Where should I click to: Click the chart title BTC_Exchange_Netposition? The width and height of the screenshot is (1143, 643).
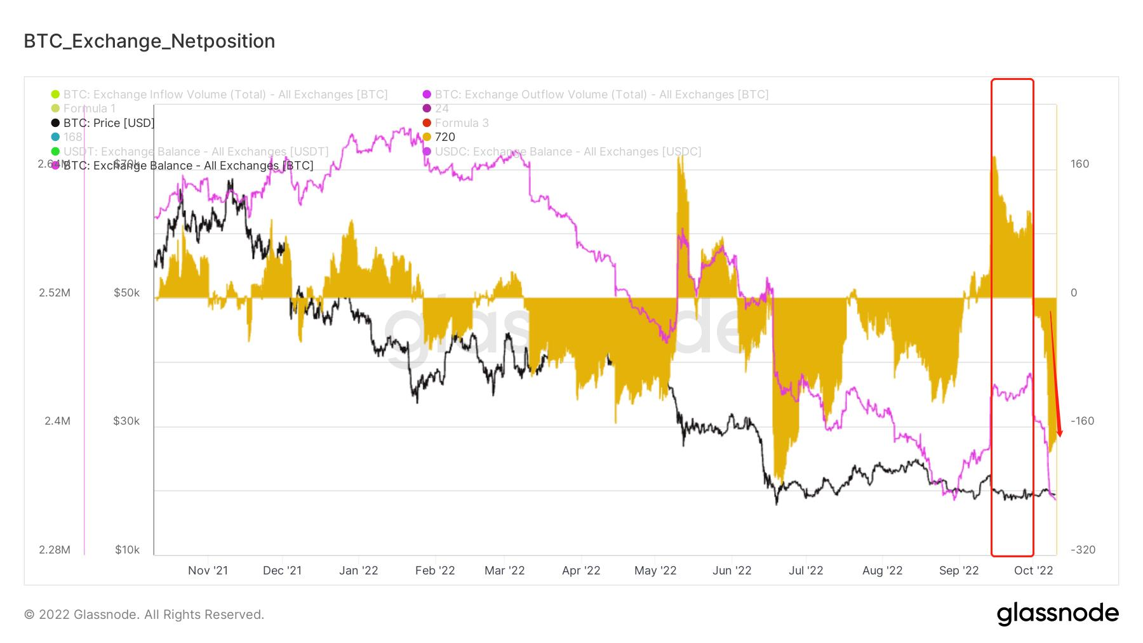(x=149, y=41)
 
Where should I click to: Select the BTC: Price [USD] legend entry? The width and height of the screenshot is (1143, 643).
(x=109, y=123)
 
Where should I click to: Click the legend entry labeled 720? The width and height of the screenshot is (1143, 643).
(x=444, y=137)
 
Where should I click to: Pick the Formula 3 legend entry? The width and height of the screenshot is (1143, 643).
(x=462, y=123)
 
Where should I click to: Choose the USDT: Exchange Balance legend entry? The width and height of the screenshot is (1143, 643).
(x=196, y=152)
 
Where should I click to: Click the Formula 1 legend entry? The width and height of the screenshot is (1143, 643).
(x=90, y=109)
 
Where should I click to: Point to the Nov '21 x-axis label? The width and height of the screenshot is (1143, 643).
(x=208, y=571)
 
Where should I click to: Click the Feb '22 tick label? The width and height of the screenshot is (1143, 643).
(x=435, y=571)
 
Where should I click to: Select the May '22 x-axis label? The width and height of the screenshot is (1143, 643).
(x=655, y=571)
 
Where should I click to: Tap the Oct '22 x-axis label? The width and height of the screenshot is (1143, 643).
(x=1034, y=571)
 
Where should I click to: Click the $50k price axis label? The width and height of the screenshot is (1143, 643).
(x=126, y=293)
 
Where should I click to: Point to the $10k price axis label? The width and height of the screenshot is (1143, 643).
(x=127, y=550)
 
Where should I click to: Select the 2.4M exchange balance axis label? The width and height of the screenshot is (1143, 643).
(x=57, y=421)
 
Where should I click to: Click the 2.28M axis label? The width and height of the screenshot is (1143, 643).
(x=55, y=550)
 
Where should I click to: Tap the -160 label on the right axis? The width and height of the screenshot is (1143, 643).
(x=1082, y=421)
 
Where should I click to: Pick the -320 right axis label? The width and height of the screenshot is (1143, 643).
(x=1082, y=550)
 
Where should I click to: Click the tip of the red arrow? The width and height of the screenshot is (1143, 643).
(x=1060, y=437)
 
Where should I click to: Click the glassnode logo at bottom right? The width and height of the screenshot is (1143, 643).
(x=1057, y=614)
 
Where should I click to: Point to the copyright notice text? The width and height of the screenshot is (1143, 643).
(x=144, y=614)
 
